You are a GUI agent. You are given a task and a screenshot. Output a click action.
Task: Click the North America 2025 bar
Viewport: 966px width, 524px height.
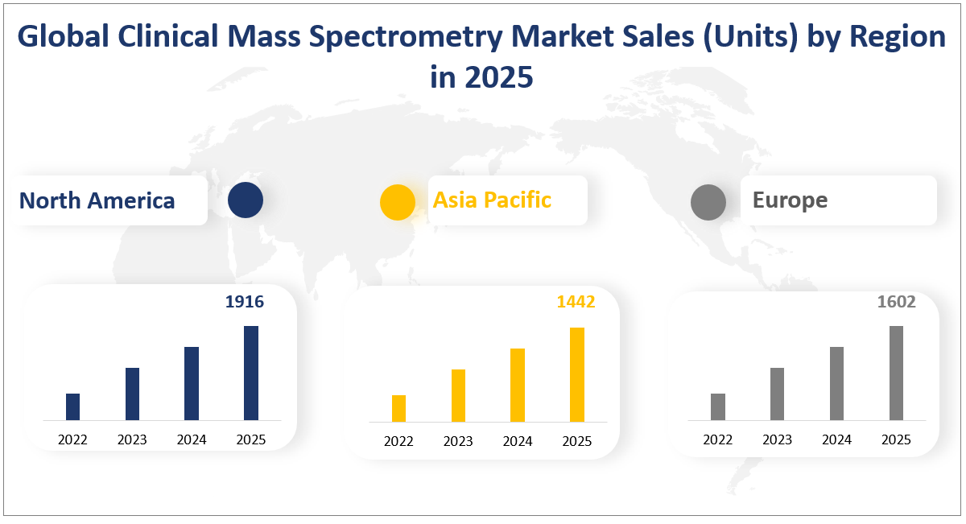[251, 373]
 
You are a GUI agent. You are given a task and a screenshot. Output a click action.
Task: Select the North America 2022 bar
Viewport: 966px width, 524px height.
[72, 406]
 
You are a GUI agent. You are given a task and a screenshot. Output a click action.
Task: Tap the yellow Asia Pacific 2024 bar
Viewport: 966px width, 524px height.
[517, 385]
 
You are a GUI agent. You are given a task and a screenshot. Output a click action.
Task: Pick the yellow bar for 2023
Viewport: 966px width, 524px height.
[458, 395]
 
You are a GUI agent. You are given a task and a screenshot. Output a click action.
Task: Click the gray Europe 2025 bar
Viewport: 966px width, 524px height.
[896, 373]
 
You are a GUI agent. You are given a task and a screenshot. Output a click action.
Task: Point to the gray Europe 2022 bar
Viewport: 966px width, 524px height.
[718, 406]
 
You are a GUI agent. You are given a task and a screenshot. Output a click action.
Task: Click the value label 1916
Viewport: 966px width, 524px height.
[244, 302]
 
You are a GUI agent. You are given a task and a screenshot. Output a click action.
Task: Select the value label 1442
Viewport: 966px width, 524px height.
[576, 302]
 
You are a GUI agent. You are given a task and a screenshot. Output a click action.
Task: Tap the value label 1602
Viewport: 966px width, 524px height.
[896, 302]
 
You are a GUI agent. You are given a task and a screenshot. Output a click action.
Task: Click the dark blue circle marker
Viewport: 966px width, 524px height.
[246, 200]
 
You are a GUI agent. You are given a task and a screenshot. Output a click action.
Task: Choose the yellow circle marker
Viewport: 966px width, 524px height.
[398, 201]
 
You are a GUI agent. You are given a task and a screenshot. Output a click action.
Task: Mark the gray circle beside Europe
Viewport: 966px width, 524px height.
[708, 201]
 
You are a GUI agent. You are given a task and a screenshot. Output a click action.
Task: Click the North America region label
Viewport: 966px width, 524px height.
[97, 200]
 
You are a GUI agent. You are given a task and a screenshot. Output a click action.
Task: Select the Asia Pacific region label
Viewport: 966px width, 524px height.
[492, 200]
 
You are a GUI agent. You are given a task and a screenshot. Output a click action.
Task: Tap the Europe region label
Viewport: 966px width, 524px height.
[790, 200]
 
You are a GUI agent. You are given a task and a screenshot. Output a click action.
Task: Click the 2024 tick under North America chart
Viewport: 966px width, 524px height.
[192, 439]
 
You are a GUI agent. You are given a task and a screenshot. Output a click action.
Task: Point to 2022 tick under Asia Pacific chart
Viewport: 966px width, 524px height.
[398, 441]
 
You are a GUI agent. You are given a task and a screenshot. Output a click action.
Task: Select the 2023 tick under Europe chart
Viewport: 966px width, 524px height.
[777, 439]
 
